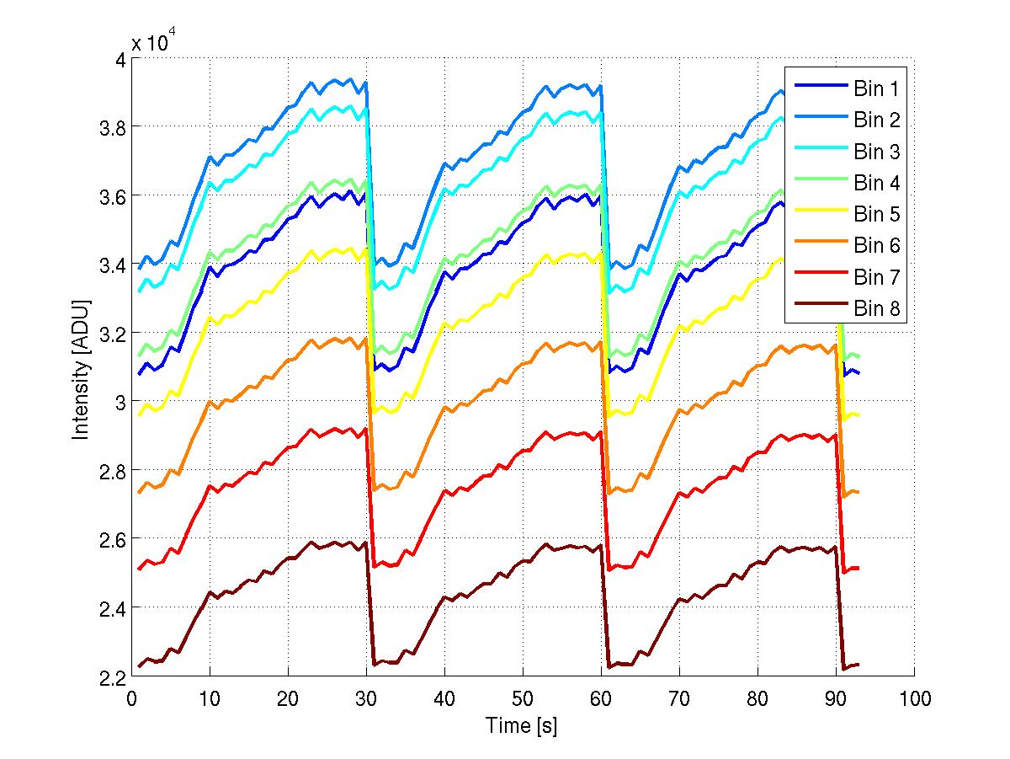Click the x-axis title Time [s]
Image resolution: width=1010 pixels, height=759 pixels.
coord(522,725)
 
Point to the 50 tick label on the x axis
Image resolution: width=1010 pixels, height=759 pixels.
coord(523,698)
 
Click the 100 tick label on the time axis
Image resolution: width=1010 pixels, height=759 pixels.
coord(914,698)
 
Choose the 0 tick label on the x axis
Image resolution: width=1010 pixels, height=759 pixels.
coord(131,698)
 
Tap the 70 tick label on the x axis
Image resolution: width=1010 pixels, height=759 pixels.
coord(679,698)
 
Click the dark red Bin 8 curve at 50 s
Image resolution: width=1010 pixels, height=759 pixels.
coord(523,561)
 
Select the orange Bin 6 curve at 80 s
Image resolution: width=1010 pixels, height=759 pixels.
coord(757,365)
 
